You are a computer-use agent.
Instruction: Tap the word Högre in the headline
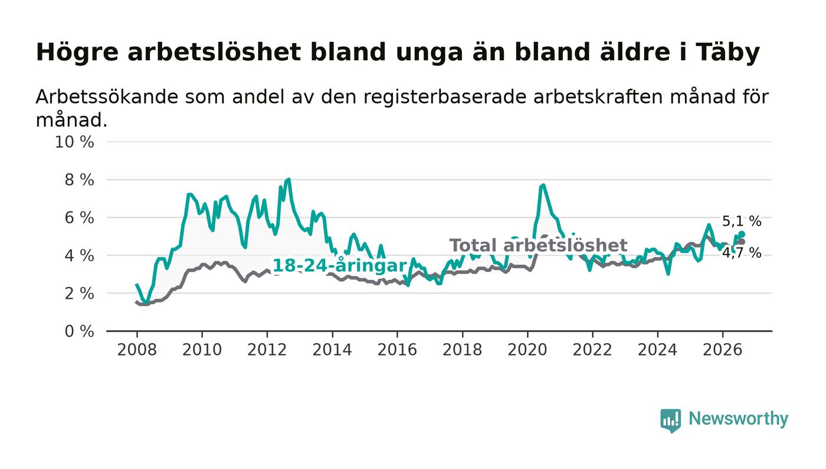pyautogui.click(x=77, y=53)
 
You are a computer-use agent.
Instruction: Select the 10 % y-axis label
pyautogui.click(x=74, y=142)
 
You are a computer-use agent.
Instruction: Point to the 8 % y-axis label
pyautogui.click(x=79, y=180)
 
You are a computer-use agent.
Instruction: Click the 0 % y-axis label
pyautogui.click(x=79, y=331)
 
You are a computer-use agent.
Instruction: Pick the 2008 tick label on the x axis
pyautogui.click(x=137, y=350)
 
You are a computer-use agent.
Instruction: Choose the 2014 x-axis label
pyautogui.click(x=332, y=350)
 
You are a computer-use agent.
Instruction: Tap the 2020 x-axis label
pyautogui.click(x=527, y=350)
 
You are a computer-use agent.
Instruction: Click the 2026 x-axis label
pyautogui.click(x=722, y=350)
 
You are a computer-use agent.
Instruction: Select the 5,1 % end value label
pyautogui.click(x=742, y=221)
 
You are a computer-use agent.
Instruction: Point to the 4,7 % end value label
pyautogui.click(x=742, y=253)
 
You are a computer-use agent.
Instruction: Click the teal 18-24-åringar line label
pyautogui.click(x=339, y=266)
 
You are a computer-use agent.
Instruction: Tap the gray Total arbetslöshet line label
pyautogui.click(x=538, y=245)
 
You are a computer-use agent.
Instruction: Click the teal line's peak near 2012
pyautogui.click(x=289, y=180)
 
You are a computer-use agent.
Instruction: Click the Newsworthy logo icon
pyautogui.click(x=670, y=421)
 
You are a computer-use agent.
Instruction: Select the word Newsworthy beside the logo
pyautogui.click(x=738, y=419)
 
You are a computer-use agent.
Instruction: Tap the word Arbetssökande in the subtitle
pyautogui.click(x=107, y=97)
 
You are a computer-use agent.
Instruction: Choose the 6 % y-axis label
pyautogui.click(x=79, y=218)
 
